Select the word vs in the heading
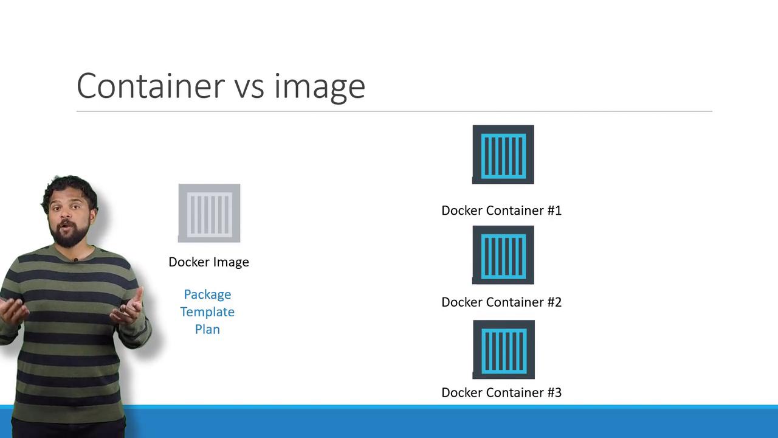tap(250, 89)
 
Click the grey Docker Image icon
tap(209, 213)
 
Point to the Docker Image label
tap(208, 262)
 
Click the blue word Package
tap(207, 295)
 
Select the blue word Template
tap(207, 312)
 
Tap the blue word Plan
tap(207, 329)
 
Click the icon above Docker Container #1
tap(503, 155)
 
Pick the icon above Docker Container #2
tap(503, 255)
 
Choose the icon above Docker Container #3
tap(504, 349)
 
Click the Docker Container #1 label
tap(501, 210)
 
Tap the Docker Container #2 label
tap(501, 302)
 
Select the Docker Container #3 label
tap(501, 392)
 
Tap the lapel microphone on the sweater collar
tap(75, 260)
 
